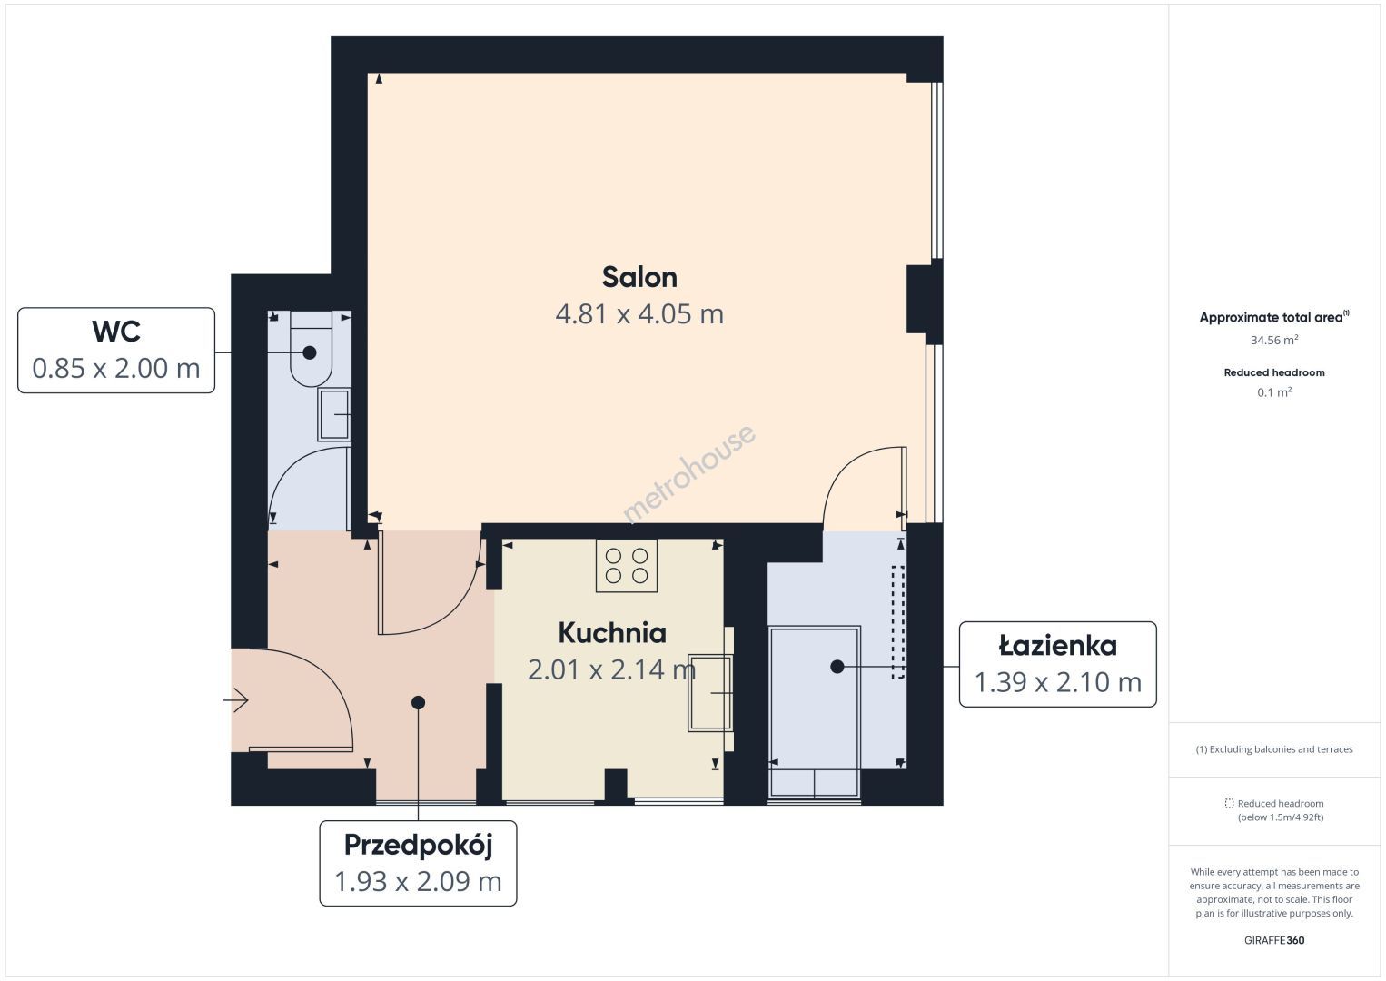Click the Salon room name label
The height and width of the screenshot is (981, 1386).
(x=639, y=277)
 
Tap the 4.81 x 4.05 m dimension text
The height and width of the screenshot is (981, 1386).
(x=639, y=313)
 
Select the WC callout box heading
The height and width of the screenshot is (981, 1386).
(x=116, y=332)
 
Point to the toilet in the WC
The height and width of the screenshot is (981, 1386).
(x=312, y=349)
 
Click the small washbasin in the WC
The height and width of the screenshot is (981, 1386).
(x=334, y=415)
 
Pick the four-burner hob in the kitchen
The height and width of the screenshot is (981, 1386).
(x=626, y=566)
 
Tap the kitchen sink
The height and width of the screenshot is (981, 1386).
(x=710, y=693)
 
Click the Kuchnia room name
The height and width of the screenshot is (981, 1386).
(x=612, y=632)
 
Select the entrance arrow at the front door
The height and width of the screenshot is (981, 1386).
(x=236, y=700)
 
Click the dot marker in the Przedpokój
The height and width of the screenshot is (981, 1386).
(x=419, y=702)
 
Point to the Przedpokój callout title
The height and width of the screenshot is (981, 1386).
(x=418, y=846)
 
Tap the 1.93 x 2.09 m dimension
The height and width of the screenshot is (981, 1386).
(x=418, y=881)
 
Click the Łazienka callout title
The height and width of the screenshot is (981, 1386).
(x=1057, y=646)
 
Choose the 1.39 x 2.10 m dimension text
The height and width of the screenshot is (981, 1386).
(x=1057, y=682)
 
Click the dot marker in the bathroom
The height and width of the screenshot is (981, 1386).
(x=837, y=667)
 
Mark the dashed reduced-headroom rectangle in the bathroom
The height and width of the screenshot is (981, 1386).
(x=897, y=622)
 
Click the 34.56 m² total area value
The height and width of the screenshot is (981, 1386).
(x=1274, y=340)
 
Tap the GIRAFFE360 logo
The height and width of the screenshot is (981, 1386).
(x=1274, y=940)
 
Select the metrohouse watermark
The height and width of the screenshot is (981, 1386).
(x=688, y=473)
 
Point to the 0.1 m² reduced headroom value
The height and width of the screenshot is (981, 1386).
(x=1274, y=391)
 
